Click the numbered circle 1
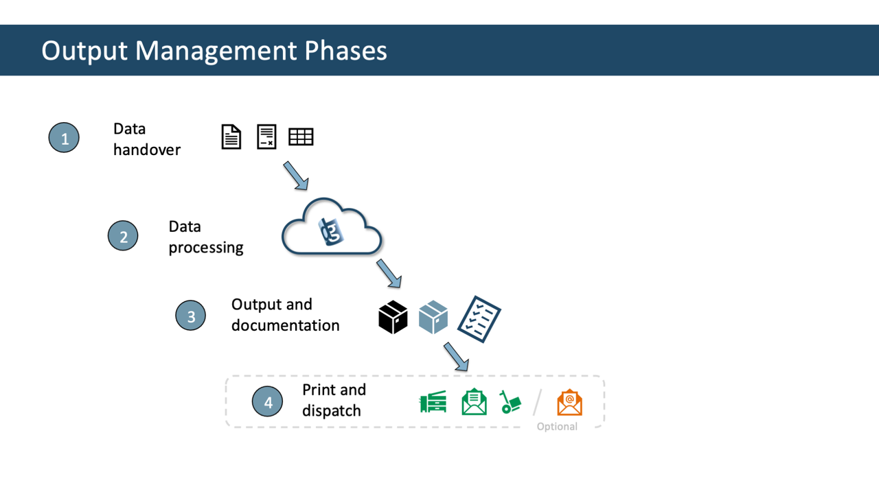pyautogui.click(x=64, y=138)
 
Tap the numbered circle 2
pyautogui.click(x=123, y=236)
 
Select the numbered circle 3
pyautogui.click(x=190, y=316)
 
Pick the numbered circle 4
pyautogui.click(x=268, y=402)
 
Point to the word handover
pyautogui.click(x=146, y=150)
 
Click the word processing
pyautogui.click(x=206, y=247)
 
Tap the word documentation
pyautogui.click(x=285, y=325)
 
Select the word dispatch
pyautogui.click(x=331, y=411)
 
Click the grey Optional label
pyautogui.click(x=557, y=427)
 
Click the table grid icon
pyautogui.click(x=301, y=137)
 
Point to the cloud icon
pyautogui.click(x=332, y=228)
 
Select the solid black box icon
pyautogui.click(x=393, y=317)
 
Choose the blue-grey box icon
pyautogui.click(x=433, y=317)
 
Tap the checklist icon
pyautogui.click(x=479, y=319)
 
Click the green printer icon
pyautogui.click(x=433, y=402)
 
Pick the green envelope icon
pyautogui.click(x=474, y=402)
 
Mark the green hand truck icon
pyautogui.click(x=510, y=402)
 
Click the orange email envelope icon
pyautogui.click(x=569, y=403)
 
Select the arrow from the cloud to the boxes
pyautogui.click(x=389, y=273)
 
